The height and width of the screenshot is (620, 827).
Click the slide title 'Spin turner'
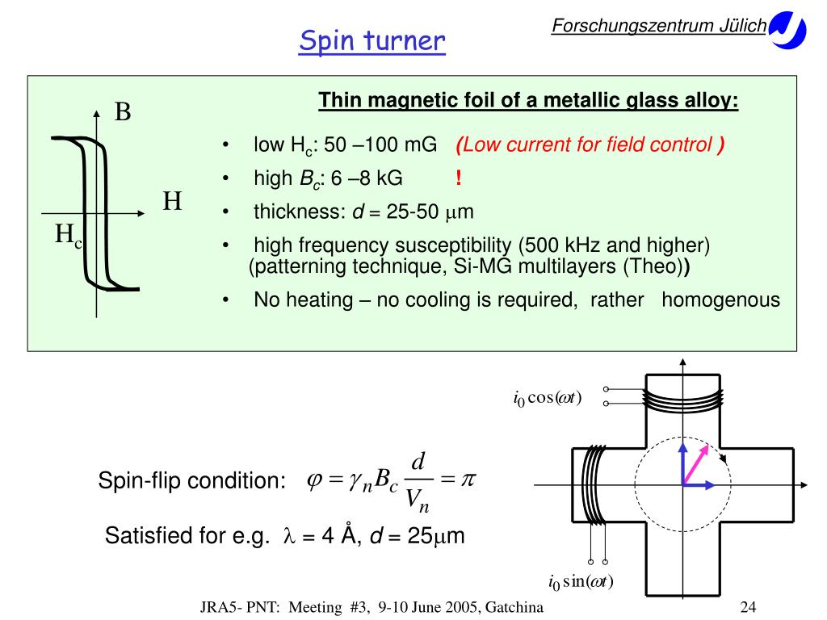[372, 40]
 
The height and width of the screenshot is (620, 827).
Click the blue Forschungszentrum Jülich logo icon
[787, 31]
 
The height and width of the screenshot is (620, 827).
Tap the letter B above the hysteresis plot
[123, 111]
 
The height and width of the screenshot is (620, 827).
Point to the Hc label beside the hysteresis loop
[69, 236]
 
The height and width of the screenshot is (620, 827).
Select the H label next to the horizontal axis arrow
[172, 201]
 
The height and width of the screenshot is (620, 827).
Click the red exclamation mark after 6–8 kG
[458, 178]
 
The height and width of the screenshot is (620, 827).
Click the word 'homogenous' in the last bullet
[720, 300]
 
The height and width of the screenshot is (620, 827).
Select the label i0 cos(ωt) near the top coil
[547, 398]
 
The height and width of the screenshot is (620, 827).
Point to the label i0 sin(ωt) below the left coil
[581, 582]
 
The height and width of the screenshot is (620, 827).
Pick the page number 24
[747, 608]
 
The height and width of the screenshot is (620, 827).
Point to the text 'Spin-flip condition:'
[192, 481]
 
